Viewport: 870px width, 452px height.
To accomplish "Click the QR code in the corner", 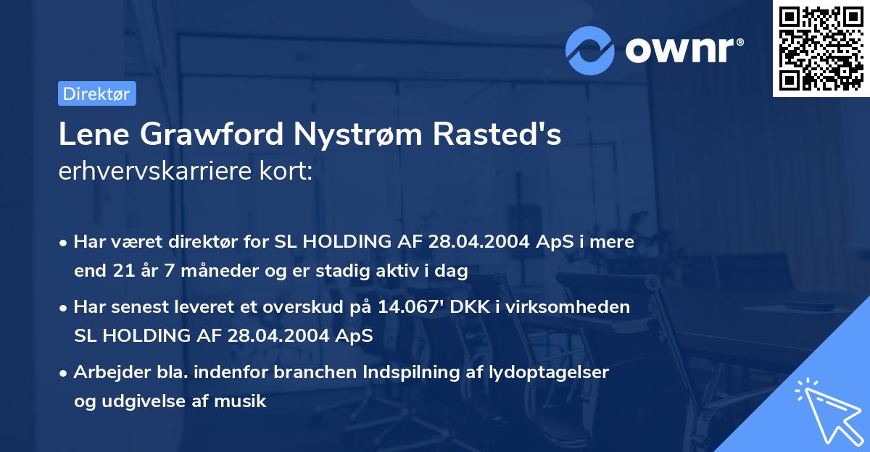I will click(821, 48).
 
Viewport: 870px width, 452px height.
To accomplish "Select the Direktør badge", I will click(96, 93).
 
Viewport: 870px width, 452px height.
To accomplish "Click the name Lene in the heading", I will click(92, 135).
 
